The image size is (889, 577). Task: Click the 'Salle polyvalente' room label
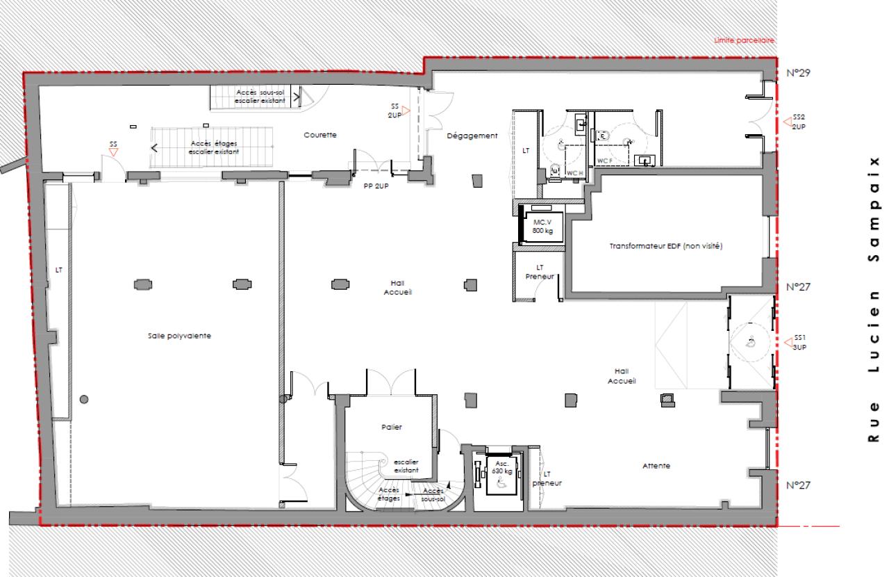pos(179,336)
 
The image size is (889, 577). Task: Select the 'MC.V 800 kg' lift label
pos(542,227)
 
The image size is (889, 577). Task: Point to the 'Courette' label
pos(320,136)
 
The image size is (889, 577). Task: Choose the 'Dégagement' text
pos(473,136)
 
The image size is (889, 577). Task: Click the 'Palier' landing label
pos(392,427)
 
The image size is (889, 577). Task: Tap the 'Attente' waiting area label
pos(656,466)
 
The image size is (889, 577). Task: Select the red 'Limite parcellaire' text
pos(745,41)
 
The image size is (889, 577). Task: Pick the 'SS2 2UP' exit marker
pos(799,122)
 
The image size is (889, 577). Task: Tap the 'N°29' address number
pos(799,72)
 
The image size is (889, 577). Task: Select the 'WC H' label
pos(574,172)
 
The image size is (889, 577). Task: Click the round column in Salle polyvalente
pos(84,398)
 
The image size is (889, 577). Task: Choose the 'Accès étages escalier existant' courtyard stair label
pos(215,147)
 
